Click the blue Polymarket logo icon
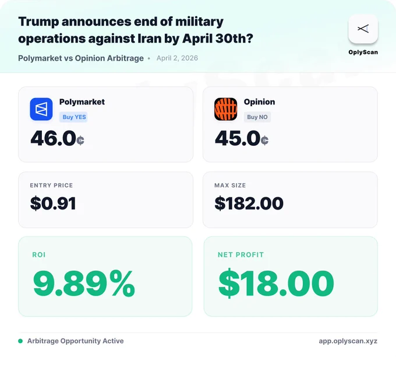[41, 109]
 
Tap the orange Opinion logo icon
[225, 109]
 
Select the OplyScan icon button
[363, 29]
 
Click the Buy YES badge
[73, 117]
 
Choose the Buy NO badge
[257, 117]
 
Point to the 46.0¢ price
[57, 138]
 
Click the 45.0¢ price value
[242, 138]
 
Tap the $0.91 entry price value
[53, 203]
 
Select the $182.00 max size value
[249, 203]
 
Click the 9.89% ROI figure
[84, 283]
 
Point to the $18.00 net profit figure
[276, 283]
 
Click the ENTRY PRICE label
[51, 186]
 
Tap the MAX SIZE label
[230, 186]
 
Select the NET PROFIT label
[241, 254]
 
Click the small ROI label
[39, 254]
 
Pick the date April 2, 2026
[177, 58]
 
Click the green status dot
[20, 341]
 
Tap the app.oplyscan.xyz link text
[348, 341]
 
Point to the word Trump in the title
[38, 22]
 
